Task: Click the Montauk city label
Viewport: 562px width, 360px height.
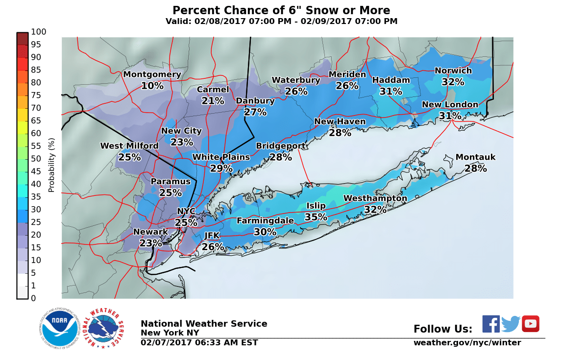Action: click(475, 157)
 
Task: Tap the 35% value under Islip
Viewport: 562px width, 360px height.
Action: click(316, 217)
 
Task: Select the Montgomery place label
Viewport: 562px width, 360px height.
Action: click(152, 74)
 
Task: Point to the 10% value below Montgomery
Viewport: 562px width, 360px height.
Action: click(152, 86)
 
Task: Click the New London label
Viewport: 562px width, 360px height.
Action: click(450, 105)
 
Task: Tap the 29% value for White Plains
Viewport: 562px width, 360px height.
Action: click(221, 168)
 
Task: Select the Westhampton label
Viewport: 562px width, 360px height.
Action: click(375, 198)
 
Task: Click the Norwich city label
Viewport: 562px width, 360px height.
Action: click(453, 71)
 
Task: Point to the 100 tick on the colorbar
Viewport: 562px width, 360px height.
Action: click(39, 32)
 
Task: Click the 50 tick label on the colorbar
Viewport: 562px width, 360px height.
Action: click(37, 159)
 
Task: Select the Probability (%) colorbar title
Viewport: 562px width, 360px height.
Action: click(51, 165)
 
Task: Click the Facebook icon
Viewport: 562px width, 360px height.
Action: click(491, 324)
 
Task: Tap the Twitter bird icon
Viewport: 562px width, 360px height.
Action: click(511, 324)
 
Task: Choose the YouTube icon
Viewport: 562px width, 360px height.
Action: click(530, 324)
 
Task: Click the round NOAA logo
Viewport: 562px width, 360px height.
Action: click(60, 328)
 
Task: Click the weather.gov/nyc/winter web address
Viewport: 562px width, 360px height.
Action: click(467, 343)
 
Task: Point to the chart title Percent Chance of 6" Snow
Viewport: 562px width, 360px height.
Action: click(281, 11)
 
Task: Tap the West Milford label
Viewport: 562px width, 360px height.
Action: click(129, 146)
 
